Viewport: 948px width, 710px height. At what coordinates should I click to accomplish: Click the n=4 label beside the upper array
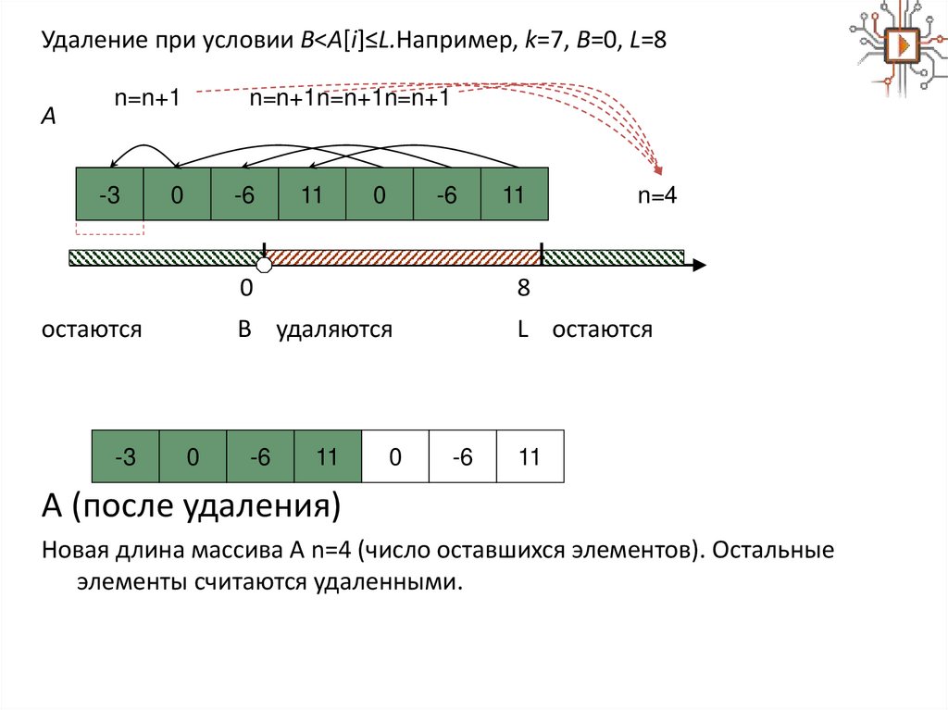click(657, 196)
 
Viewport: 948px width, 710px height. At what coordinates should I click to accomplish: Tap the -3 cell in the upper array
click(109, 195)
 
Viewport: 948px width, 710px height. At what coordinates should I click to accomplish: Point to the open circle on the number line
click(264, 266)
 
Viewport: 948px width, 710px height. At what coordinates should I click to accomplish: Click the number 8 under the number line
click(523, 289)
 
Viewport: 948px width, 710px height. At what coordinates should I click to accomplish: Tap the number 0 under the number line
click(246, 289)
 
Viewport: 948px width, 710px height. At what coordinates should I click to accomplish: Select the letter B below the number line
click(244, 329)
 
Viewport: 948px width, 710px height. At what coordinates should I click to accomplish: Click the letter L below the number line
click(523, 330)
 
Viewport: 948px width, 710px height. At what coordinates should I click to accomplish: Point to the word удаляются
click(334, 330)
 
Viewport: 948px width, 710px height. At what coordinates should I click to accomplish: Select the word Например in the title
click(444, 43)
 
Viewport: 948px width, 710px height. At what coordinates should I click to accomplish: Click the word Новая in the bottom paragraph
click(79, 552)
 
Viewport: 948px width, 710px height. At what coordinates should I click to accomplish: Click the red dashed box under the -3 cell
click(109, 229)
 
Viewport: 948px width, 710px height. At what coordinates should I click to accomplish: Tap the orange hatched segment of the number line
click(403, 257)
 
